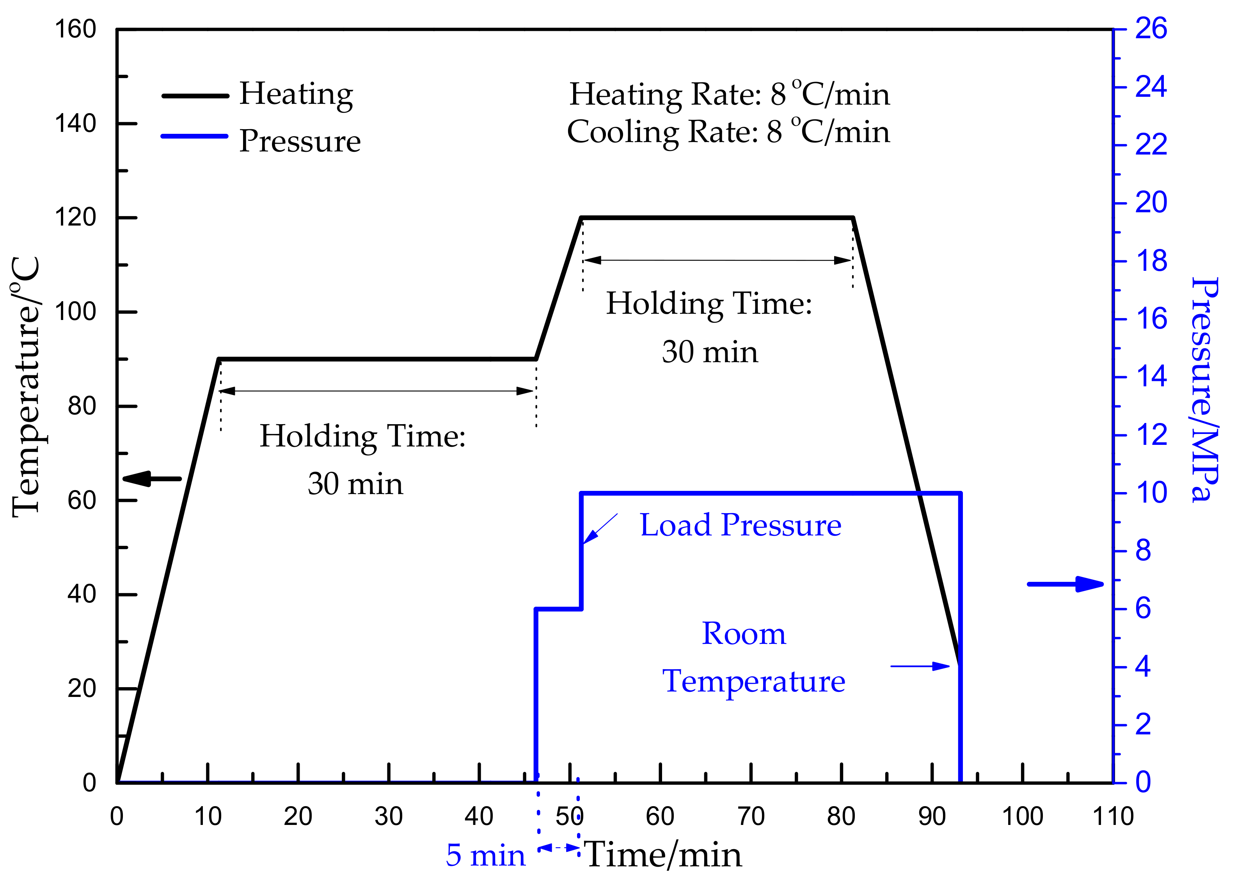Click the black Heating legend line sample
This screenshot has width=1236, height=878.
195,96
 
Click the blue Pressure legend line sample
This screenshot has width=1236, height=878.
195,136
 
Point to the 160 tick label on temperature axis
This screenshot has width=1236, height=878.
76,29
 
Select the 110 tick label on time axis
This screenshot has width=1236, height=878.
1113,816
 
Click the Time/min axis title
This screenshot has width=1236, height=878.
664,855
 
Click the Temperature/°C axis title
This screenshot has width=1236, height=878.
26,387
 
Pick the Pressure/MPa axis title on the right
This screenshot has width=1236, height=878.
1206,389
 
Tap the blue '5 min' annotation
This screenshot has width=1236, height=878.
485,856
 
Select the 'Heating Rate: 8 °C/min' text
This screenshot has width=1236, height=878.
729,94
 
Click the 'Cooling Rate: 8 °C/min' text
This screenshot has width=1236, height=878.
728,132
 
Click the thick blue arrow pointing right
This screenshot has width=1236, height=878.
1065,584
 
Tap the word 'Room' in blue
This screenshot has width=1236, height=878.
744,634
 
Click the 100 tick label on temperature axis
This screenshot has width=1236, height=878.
76,312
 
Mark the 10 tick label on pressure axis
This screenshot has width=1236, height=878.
1151,493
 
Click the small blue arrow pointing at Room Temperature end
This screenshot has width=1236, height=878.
920,666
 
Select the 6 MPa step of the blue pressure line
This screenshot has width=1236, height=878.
558,609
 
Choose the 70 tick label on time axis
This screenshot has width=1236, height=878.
751,816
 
